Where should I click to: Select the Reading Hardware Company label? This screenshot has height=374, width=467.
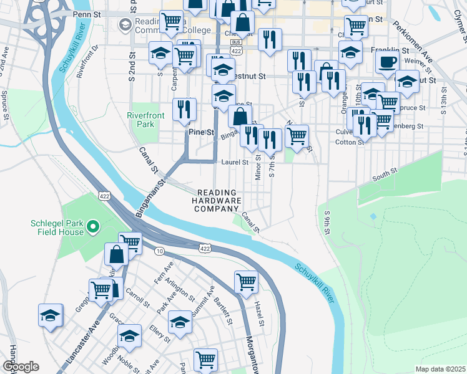(x=217, y=201)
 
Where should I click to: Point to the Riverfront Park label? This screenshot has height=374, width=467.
(x=145, y=120)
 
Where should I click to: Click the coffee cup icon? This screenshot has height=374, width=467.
(x=387, y=62)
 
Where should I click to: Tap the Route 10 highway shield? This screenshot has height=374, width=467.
(x=160, y=251)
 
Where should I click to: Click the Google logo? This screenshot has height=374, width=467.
(x=21, y=367)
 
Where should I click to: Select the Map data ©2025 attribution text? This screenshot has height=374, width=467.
(x=440, y=369)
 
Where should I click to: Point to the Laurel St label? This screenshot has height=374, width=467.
(x=235, y=162)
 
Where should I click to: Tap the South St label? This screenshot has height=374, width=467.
(x=385, y=174)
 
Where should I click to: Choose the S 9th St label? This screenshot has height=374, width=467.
(x=327, y=223)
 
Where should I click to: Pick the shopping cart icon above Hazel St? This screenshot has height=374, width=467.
(x=247, y=282)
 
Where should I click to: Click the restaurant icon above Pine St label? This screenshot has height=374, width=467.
(x=184, y=110)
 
